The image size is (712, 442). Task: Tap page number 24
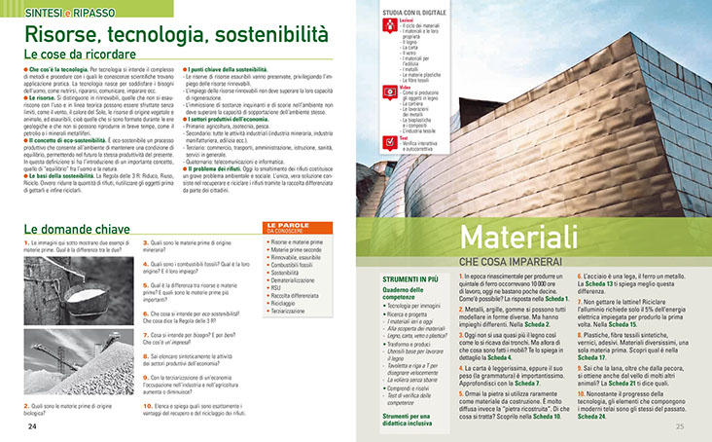tap(32, 426)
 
